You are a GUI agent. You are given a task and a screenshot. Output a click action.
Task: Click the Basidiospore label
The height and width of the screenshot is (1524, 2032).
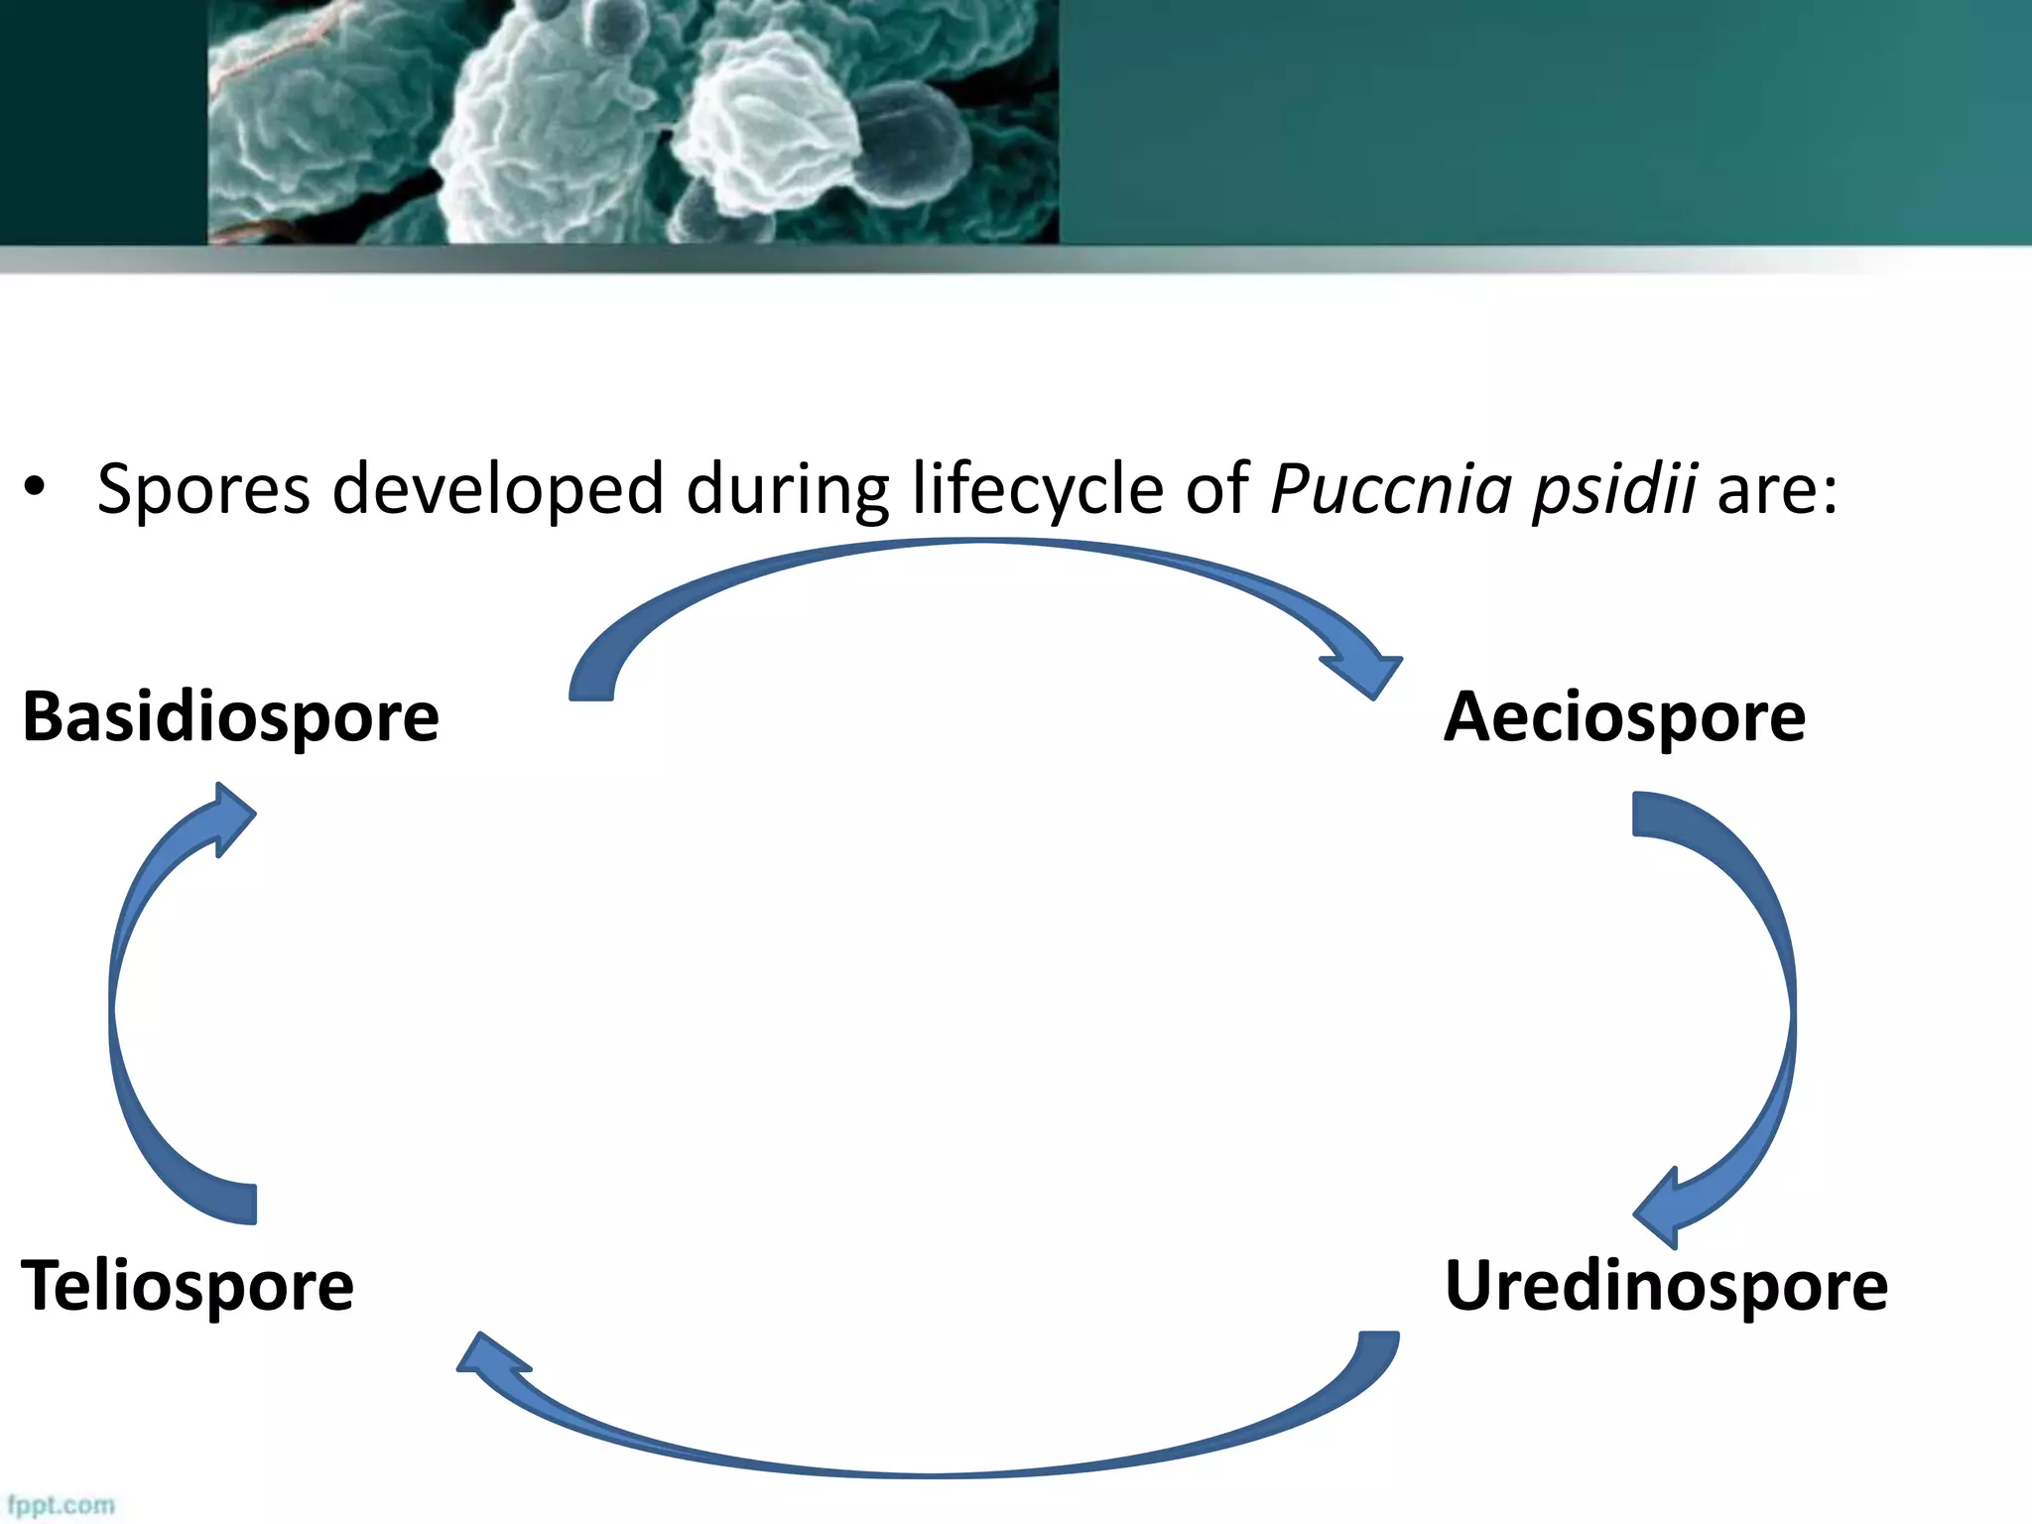(x=230, y=716)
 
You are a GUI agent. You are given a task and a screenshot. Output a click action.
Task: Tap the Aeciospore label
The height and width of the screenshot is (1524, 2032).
(x=1624, y=716)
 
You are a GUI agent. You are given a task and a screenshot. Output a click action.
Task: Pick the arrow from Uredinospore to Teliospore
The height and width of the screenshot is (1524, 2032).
(x=933, y=1459)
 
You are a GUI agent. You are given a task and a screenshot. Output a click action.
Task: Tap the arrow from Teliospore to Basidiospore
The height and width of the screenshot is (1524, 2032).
(x=124, y=1002)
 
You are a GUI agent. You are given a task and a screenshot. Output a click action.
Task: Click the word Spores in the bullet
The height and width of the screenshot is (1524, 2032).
(x=203, y=489)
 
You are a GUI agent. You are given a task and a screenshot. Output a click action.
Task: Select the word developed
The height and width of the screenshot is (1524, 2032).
(x=497, y=489)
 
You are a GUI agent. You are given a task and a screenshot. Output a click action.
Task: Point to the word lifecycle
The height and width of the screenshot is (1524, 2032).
(x=1038, y=489)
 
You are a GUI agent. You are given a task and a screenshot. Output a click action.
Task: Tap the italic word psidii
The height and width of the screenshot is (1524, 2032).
(x=1614, y=489)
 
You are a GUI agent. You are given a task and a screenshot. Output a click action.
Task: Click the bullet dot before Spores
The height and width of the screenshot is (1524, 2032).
(x=36, y=487)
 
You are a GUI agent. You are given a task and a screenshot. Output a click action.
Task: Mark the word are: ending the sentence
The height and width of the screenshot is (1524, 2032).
(x=1777, y=489)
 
